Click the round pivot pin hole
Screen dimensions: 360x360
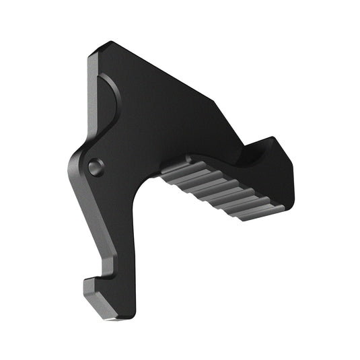coord(96,166)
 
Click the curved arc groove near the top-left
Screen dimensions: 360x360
coord(113,101)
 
